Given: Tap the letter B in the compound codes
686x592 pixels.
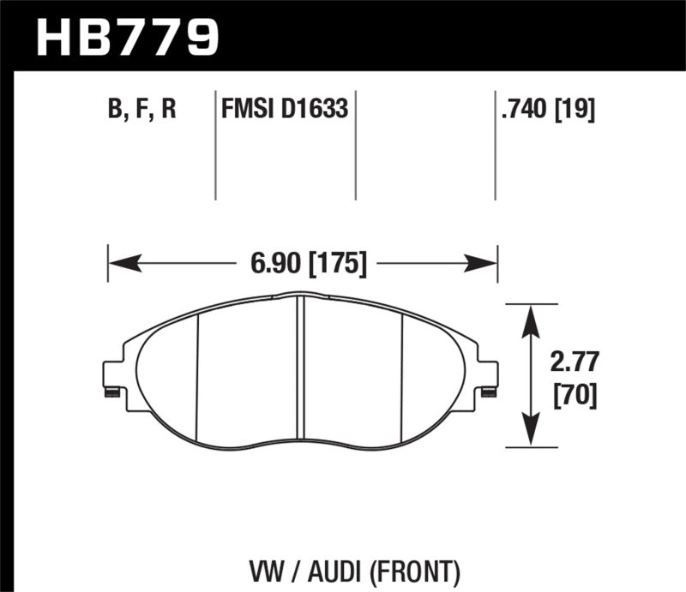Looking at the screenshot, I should [x=113, y=110].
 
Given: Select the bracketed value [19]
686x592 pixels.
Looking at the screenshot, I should [x=576, y=110].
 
